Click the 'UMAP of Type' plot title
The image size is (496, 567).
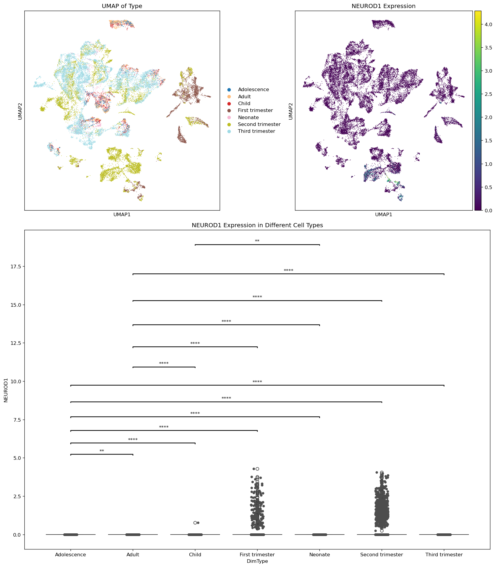pyautogui.click(x=122, y=6)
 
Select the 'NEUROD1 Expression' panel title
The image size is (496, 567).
pyautogui.click(x=383, y=6)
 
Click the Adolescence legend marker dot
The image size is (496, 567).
pyautogui.click(x=229, y=90)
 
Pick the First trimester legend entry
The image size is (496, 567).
pyautogui.click(x=255, y=110)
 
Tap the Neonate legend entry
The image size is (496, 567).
pyautogui.click(x=248, y=118)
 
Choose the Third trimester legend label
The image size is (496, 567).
pyautogui.click(x=256, y=131)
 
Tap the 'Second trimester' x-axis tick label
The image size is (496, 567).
pyautogui.click(x=381, y=554)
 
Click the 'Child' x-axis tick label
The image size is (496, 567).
pyautogui.click(x=195, y=554)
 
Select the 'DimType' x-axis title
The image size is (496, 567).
pyautogui.click(x=257, y=561)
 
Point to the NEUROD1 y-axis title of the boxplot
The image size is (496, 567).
pyautogui.click(x=6, y=390)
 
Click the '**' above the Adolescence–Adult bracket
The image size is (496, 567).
pyautogui.click(x=102, y=451)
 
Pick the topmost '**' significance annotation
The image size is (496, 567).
pyautogui.click(x=257, y=241)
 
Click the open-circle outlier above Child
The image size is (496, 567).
pyautogui.click(x=195, y=523)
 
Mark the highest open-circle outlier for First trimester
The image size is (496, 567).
pyautogui.click(x=257, y=469)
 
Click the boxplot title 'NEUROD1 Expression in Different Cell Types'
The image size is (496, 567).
pyautogui.click(x=257, y=225)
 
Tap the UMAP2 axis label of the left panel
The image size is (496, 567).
pyautogui.click(x=20, y=111)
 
